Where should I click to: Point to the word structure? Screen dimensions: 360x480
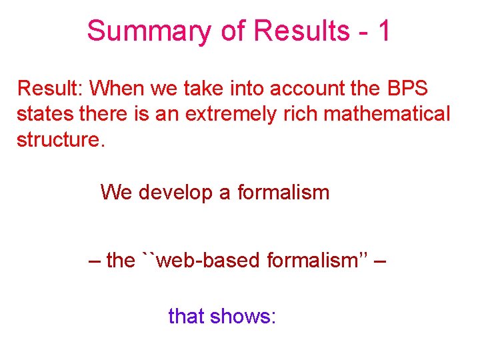coord(59,141)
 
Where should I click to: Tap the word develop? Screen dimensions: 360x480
coord(175,193)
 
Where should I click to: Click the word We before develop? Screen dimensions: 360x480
coord(117,193)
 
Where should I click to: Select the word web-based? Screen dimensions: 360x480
coord(206,260)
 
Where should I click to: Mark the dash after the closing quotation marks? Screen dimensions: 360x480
coord(379,261)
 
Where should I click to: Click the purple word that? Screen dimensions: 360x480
coord(186,315)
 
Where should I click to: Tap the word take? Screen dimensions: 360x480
coord(193,88)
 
